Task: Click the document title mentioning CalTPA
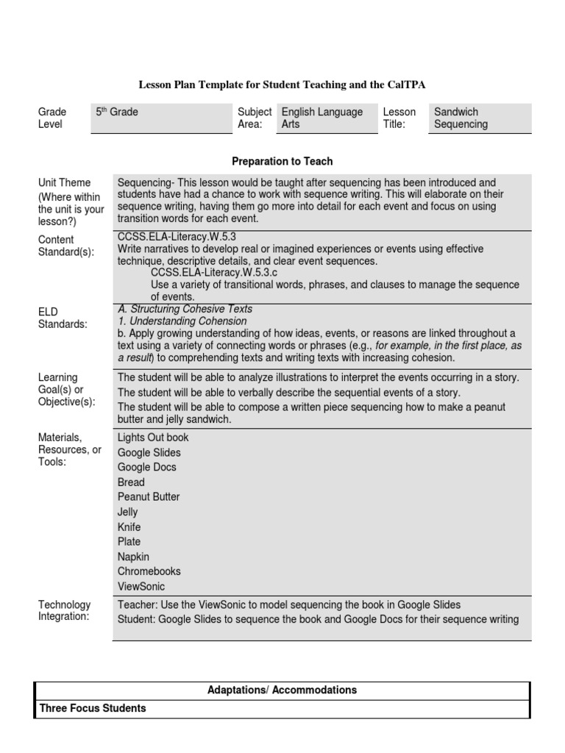coord(282,85)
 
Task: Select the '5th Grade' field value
coord(117,113)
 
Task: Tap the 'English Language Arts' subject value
coord(322,118)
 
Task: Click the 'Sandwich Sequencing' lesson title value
coord(461,118)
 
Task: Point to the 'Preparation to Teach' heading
coord(282,161)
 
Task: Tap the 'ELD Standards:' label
coord(63,317)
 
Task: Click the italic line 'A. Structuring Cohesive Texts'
coord(185,309)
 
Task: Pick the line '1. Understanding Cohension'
coord(182,321)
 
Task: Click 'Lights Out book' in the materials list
coord(153,438)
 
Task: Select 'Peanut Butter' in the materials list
coord(149,497)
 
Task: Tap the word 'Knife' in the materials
coord(129,527)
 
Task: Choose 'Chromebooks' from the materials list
coord(149,571)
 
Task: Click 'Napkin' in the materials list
coord(133,557)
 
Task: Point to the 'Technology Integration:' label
coord(65,610)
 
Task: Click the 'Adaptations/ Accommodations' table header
coord(282,690)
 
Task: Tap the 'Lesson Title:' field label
coord(399,118)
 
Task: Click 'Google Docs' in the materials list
coord(146,467)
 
